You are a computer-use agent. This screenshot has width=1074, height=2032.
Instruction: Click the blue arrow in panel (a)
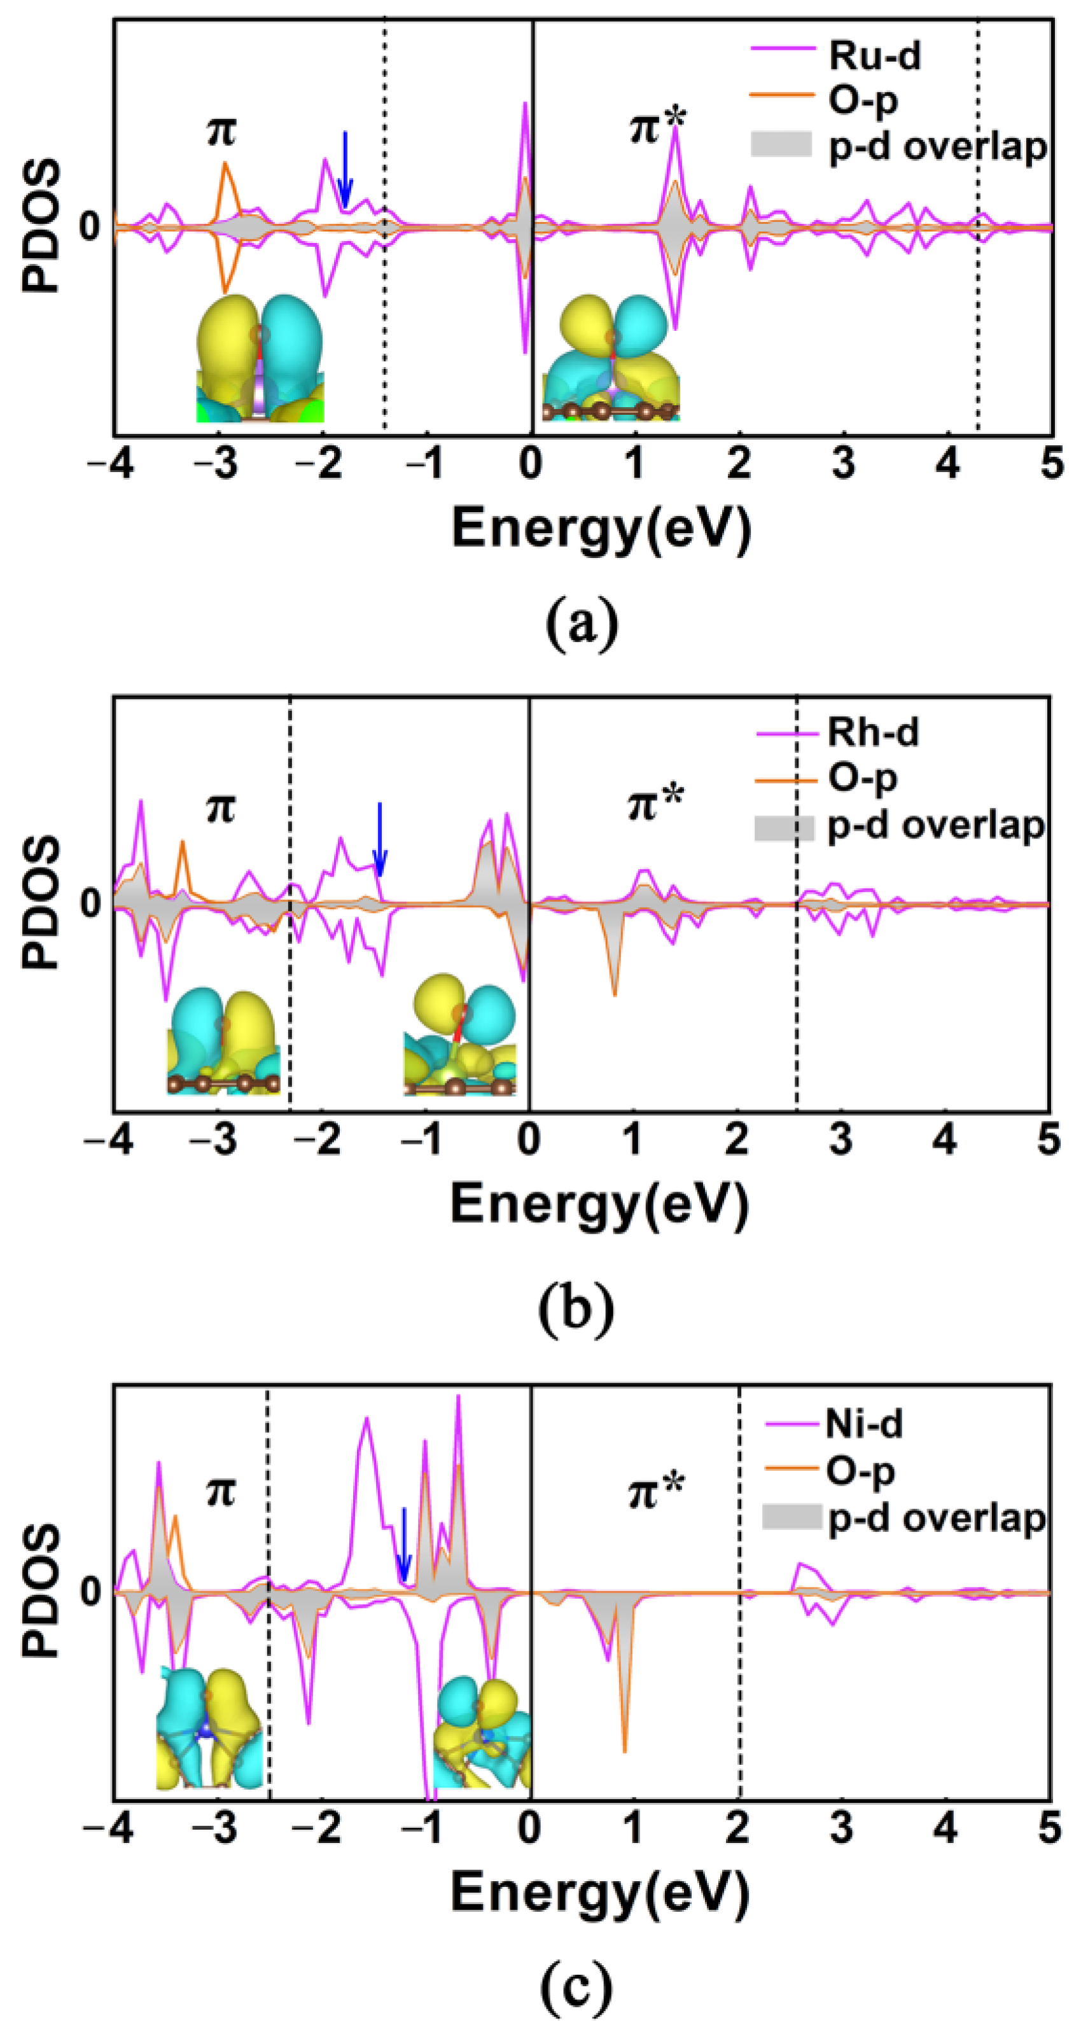point(344,170)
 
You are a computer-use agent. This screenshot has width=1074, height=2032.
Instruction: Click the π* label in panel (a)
point(657,126)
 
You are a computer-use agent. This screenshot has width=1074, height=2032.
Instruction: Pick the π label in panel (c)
point(220,1491)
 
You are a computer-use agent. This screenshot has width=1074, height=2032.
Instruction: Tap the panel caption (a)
point(582,623)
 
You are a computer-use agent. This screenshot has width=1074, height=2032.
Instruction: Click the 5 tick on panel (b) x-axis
point(1048,1140)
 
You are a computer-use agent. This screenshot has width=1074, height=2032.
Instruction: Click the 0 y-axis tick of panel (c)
point(89,1591)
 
